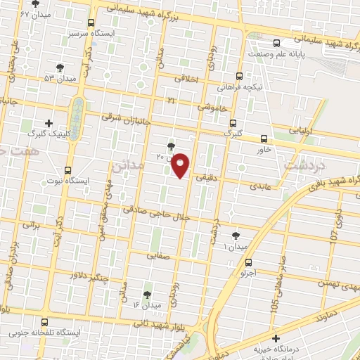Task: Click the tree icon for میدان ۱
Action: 235,236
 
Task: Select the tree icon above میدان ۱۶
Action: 147,295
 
